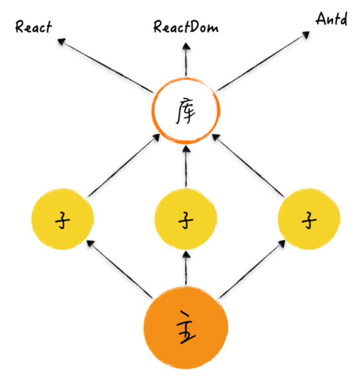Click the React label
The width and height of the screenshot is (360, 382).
34,27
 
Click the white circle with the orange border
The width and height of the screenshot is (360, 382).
186,110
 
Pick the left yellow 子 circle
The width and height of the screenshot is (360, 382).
63,219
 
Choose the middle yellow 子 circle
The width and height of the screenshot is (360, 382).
186,219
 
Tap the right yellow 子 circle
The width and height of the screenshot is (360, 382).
308,219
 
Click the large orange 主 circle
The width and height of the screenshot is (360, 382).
186,326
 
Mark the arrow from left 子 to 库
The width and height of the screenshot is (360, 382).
122,166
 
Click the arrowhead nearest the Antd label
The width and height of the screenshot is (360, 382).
307,34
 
